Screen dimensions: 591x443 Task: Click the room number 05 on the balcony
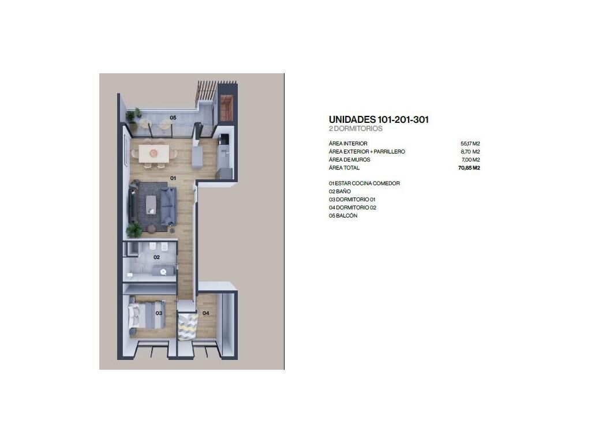[x=173, y=118]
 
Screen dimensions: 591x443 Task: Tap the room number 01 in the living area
[x=173, y=178]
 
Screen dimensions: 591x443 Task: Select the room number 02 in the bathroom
[x=156, y=257]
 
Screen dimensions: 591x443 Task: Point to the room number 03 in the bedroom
[x=159, y=313]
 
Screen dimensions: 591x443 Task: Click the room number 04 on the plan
[x=206, y=313]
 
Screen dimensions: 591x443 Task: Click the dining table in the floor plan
[x=154, y=153]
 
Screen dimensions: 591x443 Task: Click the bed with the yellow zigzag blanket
[x=188, y=326]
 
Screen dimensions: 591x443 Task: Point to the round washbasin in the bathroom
[x=163, y=272]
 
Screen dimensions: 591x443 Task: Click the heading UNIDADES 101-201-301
[x=379, y=120]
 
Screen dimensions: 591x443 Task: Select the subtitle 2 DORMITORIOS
[x=356, y=129]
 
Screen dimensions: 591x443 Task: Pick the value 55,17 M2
[x=470, y=144]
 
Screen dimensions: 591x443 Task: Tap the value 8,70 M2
[x=470, y=152]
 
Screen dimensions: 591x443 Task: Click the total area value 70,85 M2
[x=469, y=168]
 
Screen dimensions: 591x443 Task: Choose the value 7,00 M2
[x=471, y=160]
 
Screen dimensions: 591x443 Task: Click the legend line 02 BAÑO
[x=339, y=192]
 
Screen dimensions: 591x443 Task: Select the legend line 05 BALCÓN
[x=343, y=216]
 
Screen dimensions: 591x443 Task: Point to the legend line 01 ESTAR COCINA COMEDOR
[x=364, y=183]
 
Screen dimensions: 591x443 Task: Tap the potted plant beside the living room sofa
[x=134, y=230]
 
